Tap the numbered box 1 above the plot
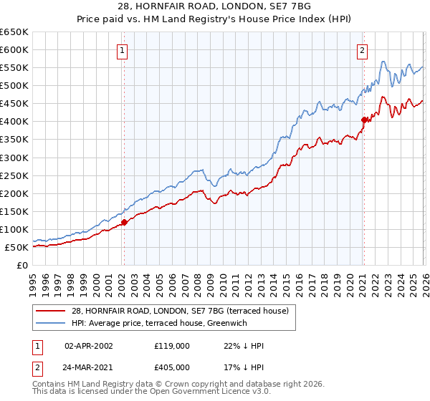pos(123,51)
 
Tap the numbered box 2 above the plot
pos(363,51)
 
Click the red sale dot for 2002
pos(124,222)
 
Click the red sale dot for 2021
pos(364,120)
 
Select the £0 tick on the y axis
pos(23,266)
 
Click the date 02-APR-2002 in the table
pos(89,346)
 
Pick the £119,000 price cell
pos(172,346)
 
